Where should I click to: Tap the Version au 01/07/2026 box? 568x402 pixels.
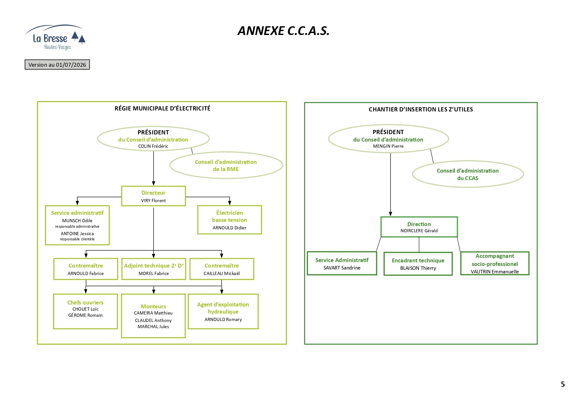[57, 65]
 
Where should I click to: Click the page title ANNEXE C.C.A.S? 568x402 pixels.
[283, 31]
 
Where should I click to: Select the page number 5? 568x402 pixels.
[563, 384]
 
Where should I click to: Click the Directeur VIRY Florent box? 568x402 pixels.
[153, 196]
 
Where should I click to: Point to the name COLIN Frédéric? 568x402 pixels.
[153, 146]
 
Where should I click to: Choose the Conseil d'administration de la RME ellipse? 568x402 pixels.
[226, 165]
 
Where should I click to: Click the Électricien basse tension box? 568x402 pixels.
[230, 220]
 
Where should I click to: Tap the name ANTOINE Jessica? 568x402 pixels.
[77, 234]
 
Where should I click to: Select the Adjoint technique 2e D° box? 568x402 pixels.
[154, 269]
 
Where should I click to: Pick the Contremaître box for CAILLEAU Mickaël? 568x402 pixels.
[222, 269]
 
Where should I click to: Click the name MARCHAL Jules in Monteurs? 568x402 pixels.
[153, 327]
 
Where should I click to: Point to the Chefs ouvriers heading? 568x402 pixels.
[85, 303]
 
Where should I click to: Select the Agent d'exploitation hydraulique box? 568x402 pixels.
[223, 311]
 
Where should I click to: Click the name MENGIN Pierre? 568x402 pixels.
[388, 146]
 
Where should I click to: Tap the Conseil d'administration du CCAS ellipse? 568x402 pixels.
[468, 174]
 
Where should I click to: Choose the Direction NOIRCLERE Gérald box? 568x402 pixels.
[419, 227]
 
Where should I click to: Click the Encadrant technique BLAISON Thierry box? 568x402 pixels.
[418, 264]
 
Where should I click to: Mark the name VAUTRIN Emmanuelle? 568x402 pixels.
[495, 271]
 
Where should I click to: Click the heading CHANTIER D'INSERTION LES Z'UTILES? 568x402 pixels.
[421, 109]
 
